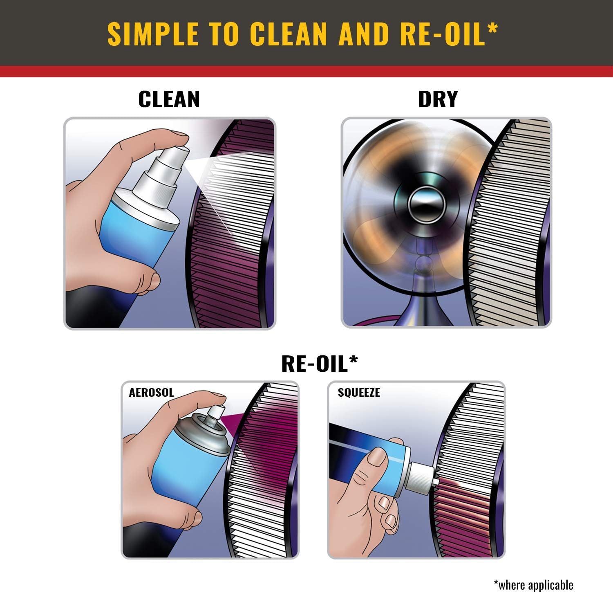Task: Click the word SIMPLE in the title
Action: pos(153,34)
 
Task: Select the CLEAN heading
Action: pos(169,99)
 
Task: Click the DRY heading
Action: pos(438,99)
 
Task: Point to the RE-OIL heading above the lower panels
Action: pos(315,363)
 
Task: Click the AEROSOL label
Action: pos(151,393)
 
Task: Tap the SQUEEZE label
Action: pos(359,393)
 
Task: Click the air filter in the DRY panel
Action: pos(511,223)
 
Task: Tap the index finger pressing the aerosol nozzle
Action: pos(192,403)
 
